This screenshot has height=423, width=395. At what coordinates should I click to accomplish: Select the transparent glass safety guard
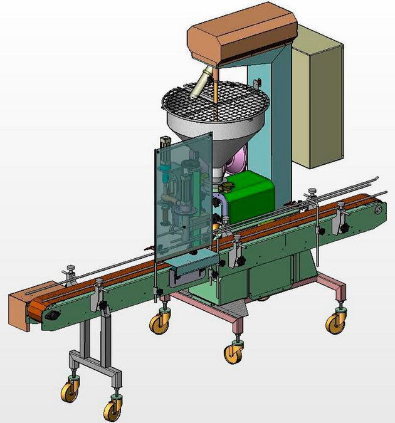182,194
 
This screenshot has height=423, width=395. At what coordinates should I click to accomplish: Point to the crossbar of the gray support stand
94,362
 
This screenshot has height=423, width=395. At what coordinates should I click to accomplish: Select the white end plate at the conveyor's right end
379,213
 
